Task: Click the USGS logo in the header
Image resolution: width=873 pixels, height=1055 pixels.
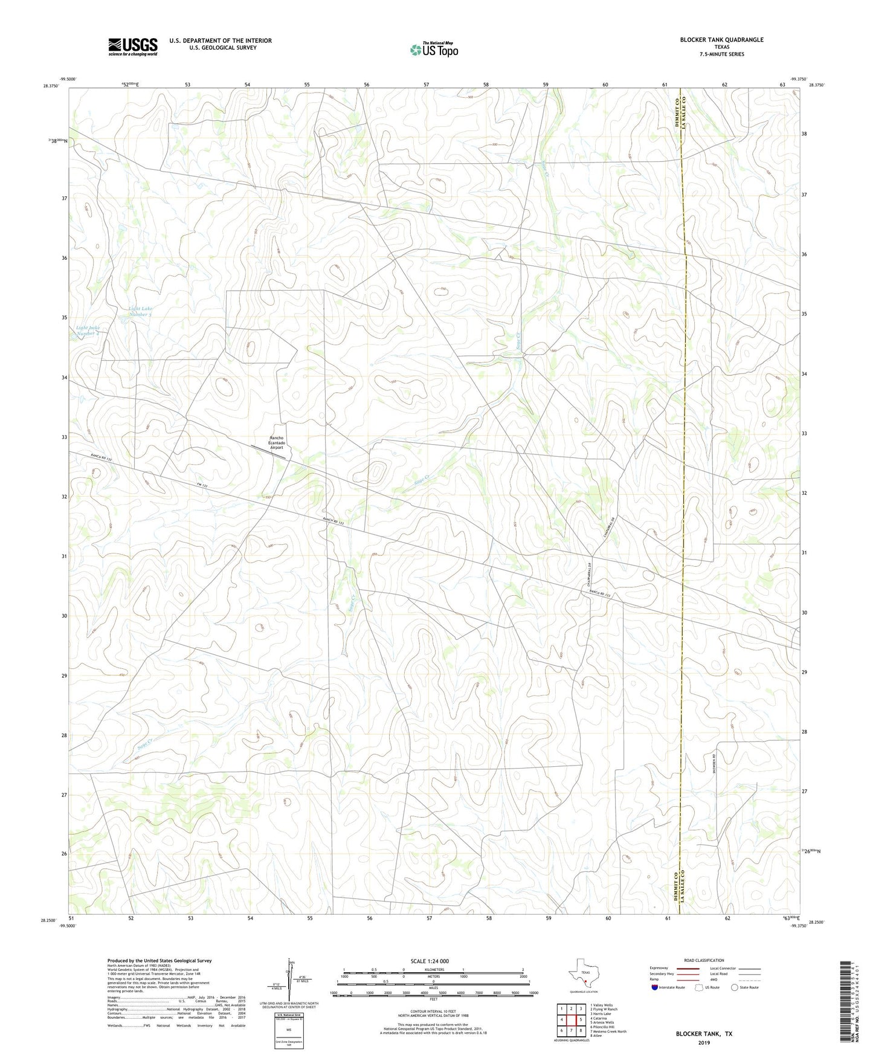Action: click(x=132, y=47)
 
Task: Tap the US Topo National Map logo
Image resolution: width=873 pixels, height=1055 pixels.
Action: click(x=433, y=50)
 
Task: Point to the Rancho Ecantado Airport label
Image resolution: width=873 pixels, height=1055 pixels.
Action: click(x=276, y=443)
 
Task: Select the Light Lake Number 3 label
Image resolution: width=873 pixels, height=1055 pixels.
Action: click(x=140, y=312)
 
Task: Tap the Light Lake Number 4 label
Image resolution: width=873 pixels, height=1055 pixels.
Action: click(x=88, y=331)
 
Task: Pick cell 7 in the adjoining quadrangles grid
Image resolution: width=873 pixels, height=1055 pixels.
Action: click(x=571, y=1031)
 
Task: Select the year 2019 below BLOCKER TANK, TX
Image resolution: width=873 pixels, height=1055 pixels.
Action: click(x=704, y=1043)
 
